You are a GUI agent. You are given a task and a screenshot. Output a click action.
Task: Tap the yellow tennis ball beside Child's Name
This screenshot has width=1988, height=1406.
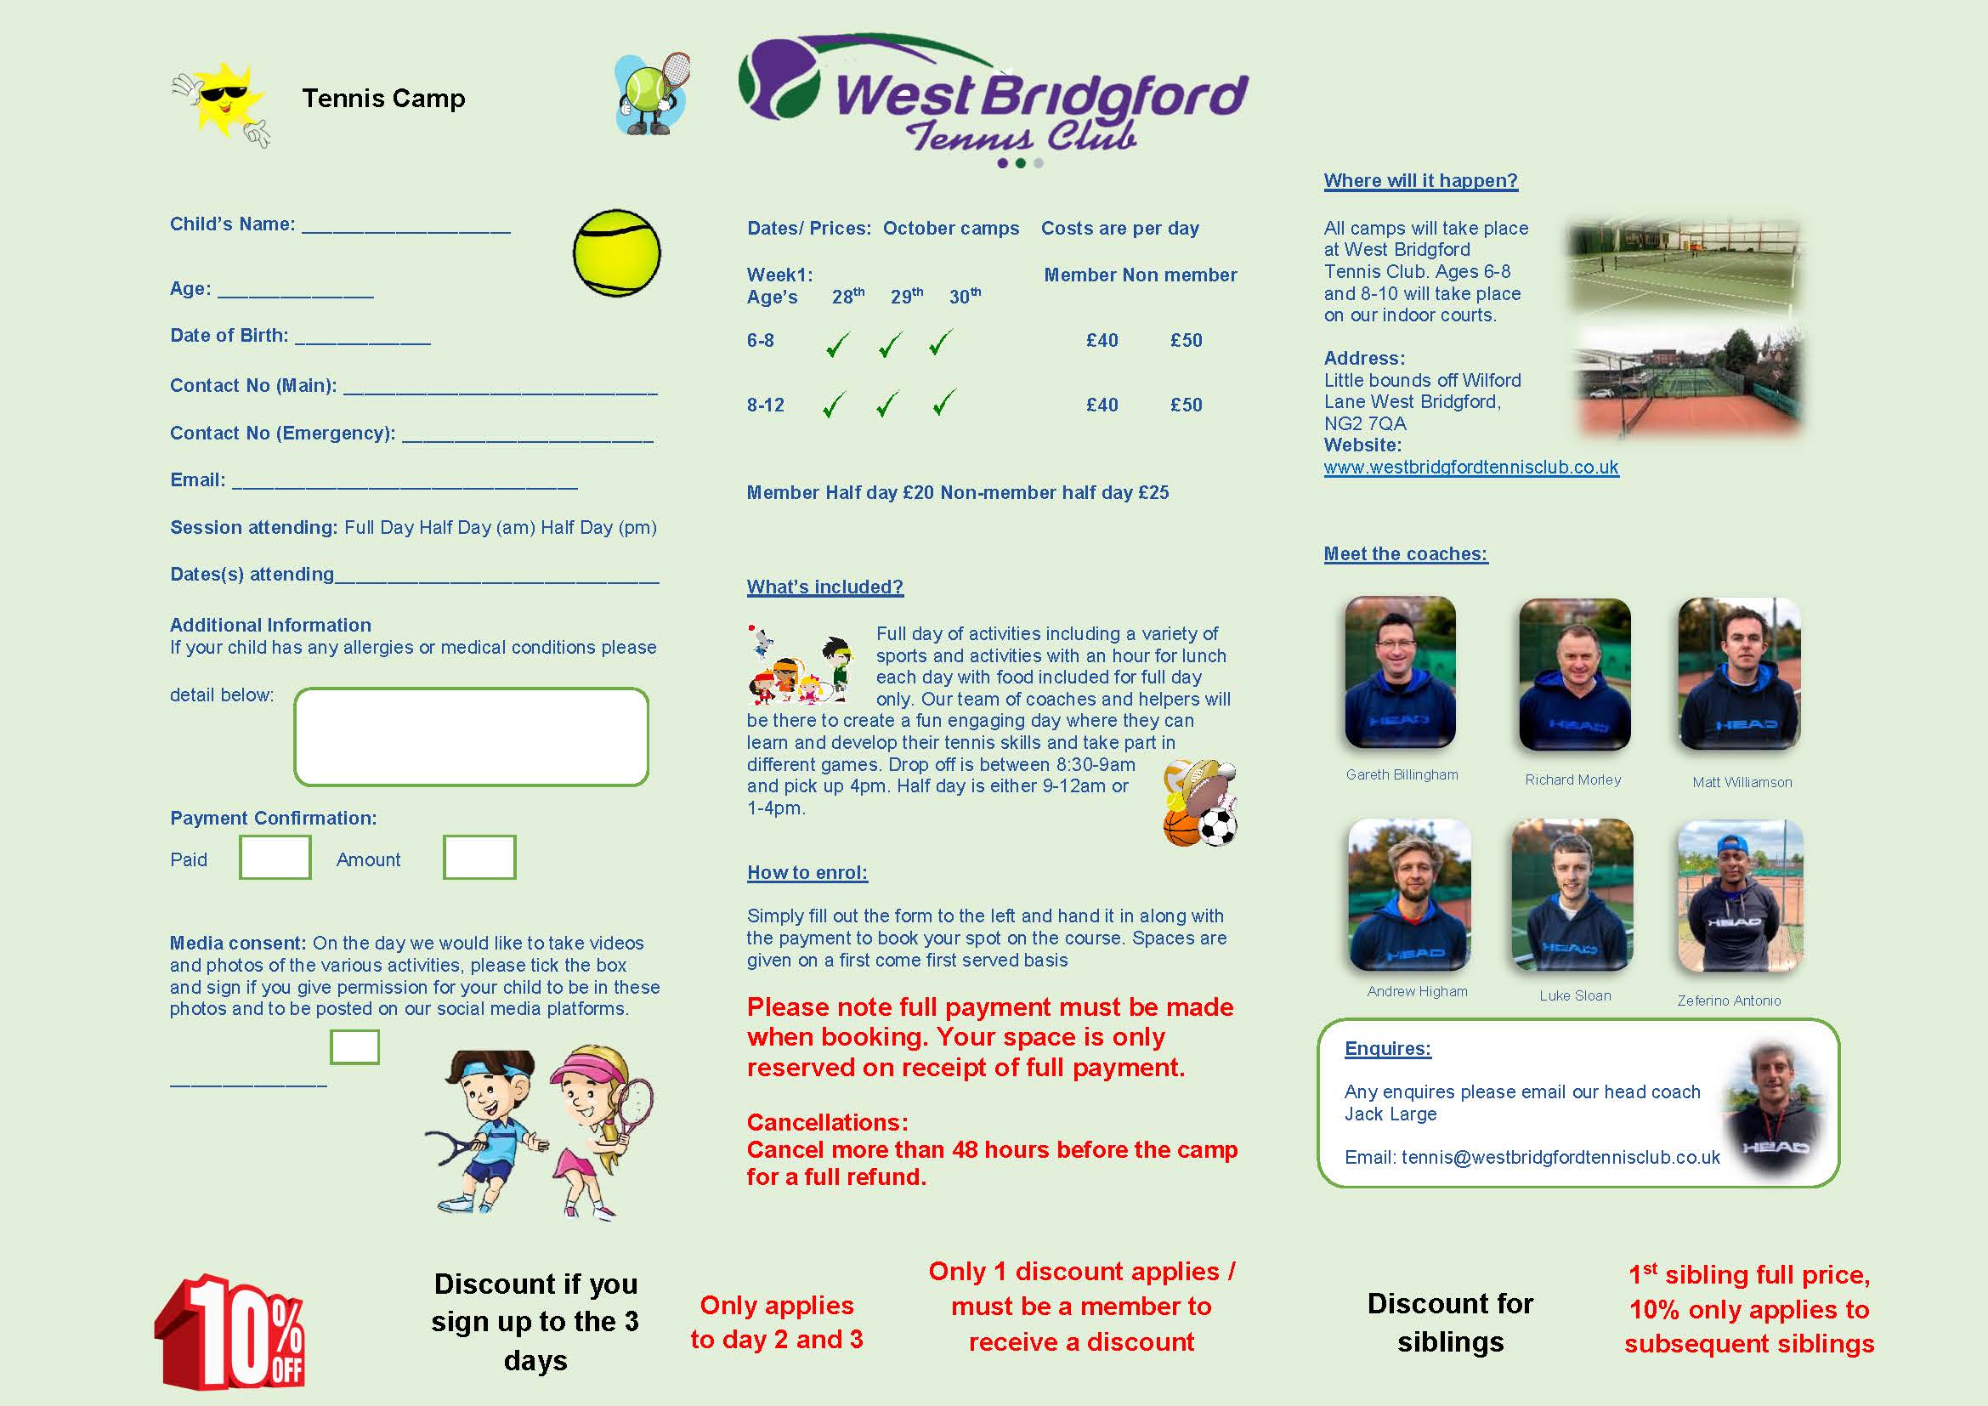[616, 252]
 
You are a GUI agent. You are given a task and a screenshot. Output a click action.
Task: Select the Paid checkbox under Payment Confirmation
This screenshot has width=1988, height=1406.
[275, 857]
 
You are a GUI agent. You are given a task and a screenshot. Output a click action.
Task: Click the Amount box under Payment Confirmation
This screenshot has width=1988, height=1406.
[479, 857]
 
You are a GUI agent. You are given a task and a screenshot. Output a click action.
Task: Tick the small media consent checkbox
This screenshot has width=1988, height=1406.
[354, 1046]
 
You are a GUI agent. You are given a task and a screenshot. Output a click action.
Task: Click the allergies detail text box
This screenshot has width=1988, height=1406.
[471, 737]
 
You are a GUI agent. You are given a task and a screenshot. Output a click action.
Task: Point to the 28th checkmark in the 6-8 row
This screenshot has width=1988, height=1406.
[837, 344]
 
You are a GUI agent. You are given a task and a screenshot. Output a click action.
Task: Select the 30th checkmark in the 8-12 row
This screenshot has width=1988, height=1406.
[944, 403]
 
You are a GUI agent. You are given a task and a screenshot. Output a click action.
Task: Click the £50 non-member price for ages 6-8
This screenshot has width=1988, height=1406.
[1186, 340]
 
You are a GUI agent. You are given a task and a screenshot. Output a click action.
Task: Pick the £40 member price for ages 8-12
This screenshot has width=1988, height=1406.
[1102, 405]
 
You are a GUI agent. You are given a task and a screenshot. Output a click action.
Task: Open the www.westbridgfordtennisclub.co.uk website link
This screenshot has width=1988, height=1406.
[1470, 468]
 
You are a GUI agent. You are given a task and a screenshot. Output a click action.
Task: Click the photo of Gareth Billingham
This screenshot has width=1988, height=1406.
[1400, 672]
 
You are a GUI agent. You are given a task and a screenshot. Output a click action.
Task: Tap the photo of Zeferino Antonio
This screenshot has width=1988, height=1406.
[1741, 896]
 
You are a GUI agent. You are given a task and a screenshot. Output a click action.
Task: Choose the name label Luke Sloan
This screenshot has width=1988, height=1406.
[1575, 995]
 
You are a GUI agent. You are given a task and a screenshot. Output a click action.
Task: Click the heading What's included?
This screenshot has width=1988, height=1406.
[824, 587]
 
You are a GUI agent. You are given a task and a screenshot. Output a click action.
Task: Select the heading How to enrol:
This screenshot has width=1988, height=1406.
[807, 873]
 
